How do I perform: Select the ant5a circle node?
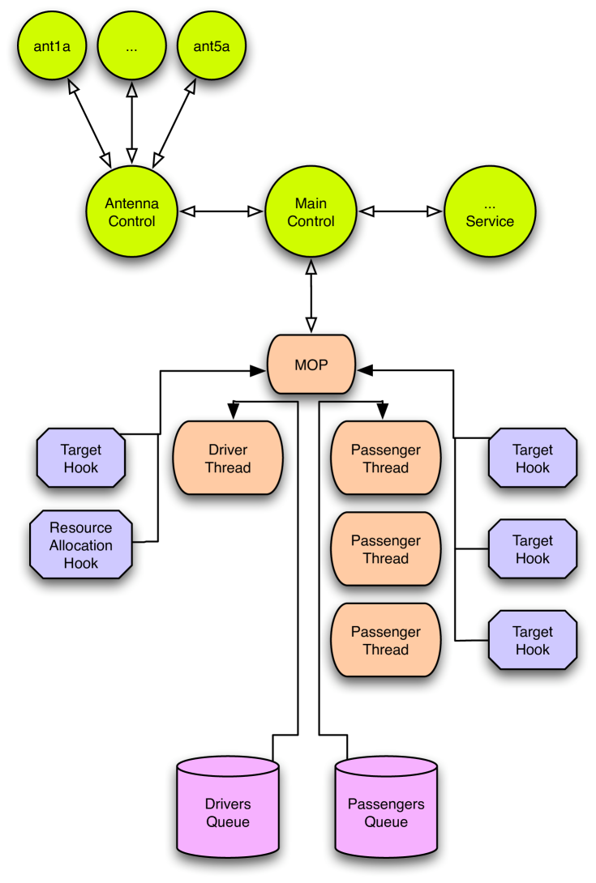(x=212, y=46)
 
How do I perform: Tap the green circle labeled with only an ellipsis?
(x=132, y=46)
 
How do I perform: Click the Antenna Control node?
(x=131, y=212)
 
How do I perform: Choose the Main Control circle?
(x=311, y=212)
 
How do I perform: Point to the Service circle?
(x=490, y=212)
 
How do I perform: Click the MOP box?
(x=311, y=365)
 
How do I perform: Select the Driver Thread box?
(x=228, y=459)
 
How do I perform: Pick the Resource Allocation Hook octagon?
(x=81, y=544)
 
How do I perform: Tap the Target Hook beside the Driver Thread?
(x=81, y=459)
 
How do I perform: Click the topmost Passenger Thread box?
(x=386, y=459)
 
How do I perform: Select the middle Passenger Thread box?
(x=386, y=549)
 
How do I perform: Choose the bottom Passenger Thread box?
(x=386, y=640)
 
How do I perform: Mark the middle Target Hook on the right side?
(x=533, y=549)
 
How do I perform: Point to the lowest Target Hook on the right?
(x=533, y=640)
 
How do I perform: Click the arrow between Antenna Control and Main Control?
(x=221, y=211)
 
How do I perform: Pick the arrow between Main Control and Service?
(x=401, y=211)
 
